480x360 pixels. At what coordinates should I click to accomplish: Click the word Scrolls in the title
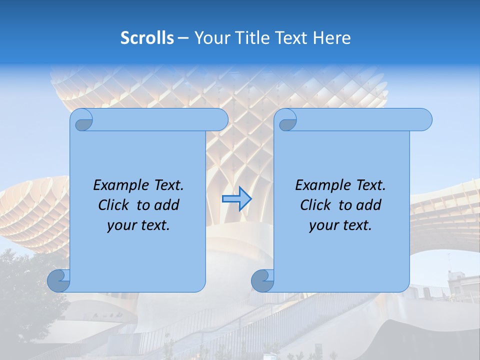[x=147, y=37]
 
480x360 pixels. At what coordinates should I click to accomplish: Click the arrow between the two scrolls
[x=236, y=199]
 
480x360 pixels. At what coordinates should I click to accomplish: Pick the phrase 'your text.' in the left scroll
[x=138, y=225]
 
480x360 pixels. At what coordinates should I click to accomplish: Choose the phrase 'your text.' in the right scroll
[x=340, y=225]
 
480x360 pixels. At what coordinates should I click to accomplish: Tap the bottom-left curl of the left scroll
[x=59, y=281]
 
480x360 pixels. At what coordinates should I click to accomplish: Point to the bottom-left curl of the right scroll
[x=263, y=281]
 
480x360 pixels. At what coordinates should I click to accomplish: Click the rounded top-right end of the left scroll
[x=220, y=119]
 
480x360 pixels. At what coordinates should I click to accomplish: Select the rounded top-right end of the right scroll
[x=424, y=119]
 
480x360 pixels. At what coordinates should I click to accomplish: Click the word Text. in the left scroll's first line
[x=165, y=185]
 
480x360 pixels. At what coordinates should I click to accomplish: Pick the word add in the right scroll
[x=368, y=205]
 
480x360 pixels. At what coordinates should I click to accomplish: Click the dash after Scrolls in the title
[x=183, y=37]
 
